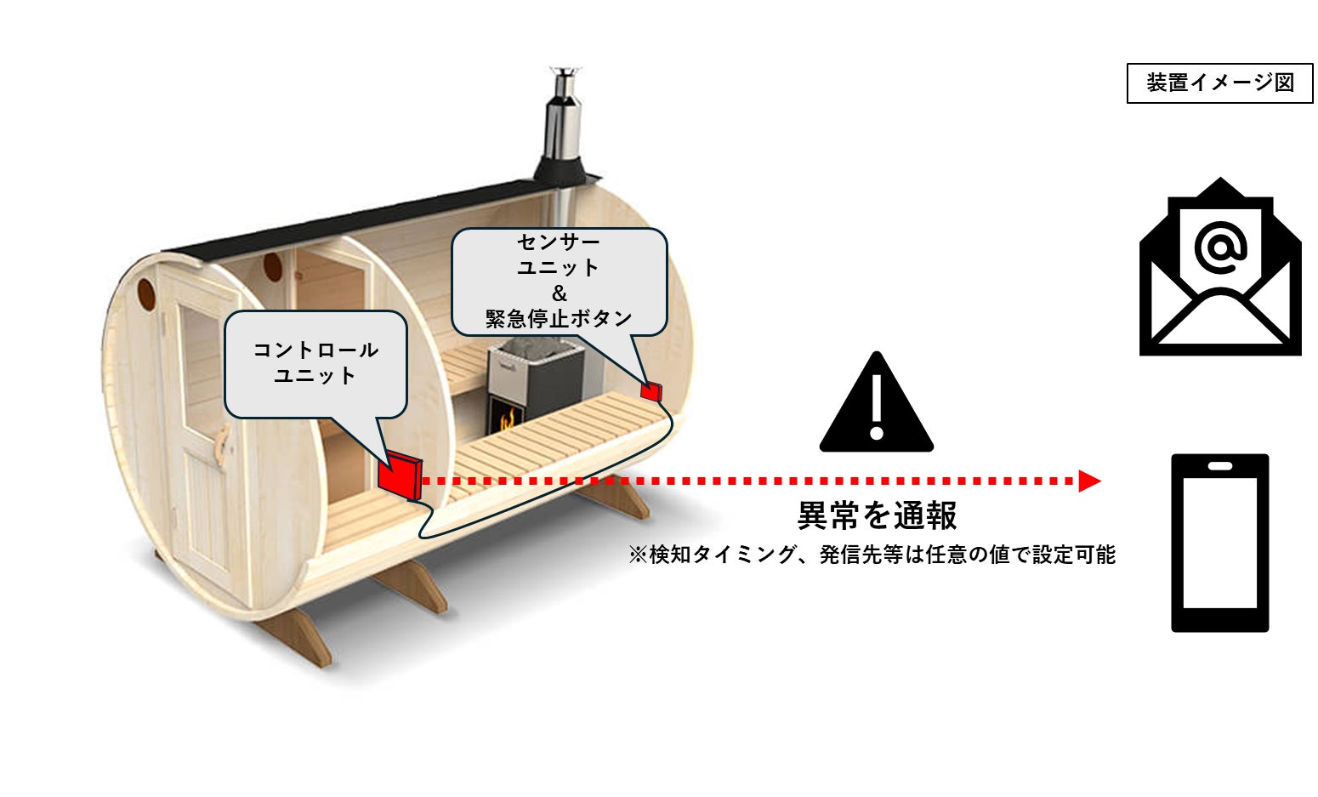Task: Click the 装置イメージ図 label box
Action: coord(1219,83)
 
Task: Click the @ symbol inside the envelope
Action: coord(1220,248)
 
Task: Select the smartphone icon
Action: coord(1220,543)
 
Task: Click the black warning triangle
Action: coord(877,407)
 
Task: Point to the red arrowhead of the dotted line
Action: coord(1088,481)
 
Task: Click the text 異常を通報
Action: coord(877,515)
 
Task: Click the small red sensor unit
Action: coord(650,391)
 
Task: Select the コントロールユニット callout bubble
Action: coord(315,363)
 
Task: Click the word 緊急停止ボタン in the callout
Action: coord(559,318)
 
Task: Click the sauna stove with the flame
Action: coord(535,383)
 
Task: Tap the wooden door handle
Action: coord(223,444)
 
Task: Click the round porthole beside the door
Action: coord(146,294)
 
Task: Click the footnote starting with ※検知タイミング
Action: coord(872,555)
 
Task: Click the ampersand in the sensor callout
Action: coord(559,293)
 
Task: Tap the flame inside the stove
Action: coord(508,419)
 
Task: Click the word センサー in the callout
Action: coord(559,242)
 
